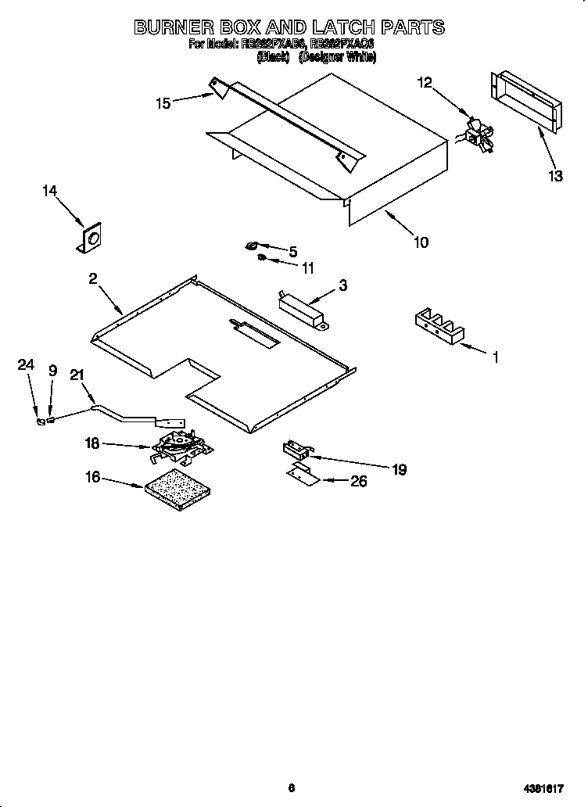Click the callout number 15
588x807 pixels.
tap(163, 102)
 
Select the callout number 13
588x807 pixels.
tap(554, 176)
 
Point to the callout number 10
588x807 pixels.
tap(420, 242)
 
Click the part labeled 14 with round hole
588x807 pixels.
tap(91, 239)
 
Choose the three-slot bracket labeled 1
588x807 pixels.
tap(439, 325)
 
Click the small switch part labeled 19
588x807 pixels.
tap(296, 450)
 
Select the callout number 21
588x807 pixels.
tap(76, 375)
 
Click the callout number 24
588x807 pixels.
tap(26, 365)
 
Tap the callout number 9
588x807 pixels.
tap(52, 370)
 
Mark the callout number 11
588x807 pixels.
tap(307, 267)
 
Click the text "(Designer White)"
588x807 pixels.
tap(337, 58)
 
